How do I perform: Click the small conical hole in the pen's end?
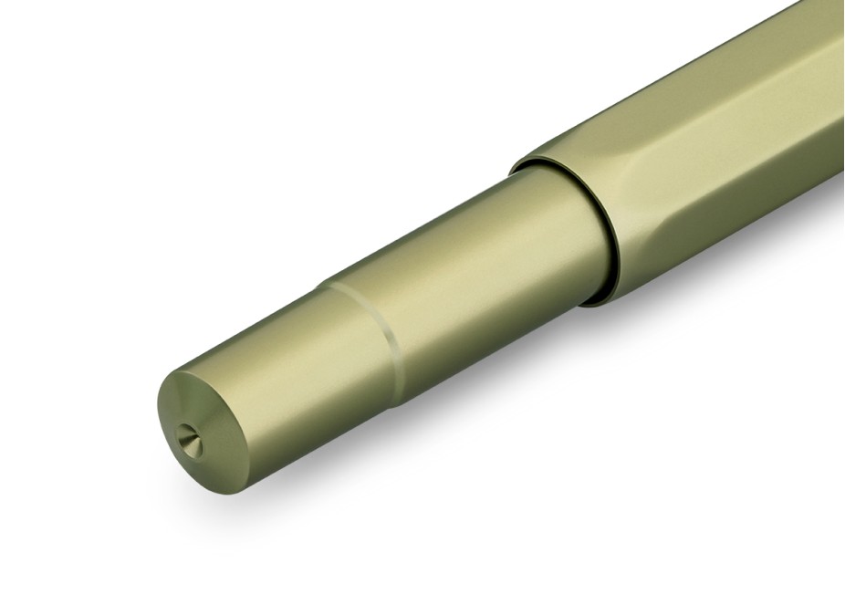188,437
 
